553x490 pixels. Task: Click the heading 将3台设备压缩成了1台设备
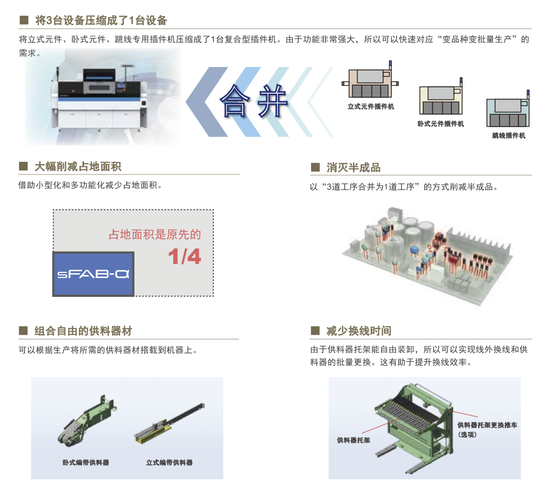pos(101,20)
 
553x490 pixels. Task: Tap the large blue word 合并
pos(254,101)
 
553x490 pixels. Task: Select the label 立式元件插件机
pos(371,106)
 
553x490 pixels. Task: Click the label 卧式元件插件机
pos(440,124)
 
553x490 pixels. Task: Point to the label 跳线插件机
pos(508,136)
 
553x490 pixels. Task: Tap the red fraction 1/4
pos(185,256)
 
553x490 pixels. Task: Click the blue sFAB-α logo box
pos(93,274)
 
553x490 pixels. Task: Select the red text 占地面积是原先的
pos(155,234)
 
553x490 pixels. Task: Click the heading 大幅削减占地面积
pos(78,167)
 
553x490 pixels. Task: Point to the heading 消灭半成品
pos(354,167)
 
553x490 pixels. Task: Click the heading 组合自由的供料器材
pos(83,331)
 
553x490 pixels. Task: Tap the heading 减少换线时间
pos(359,331)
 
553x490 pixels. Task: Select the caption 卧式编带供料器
pos(86,462)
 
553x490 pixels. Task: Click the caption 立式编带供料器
pos(169,462)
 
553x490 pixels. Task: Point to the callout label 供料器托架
pos(354,441)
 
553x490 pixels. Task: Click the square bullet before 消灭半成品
pos(315,167)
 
